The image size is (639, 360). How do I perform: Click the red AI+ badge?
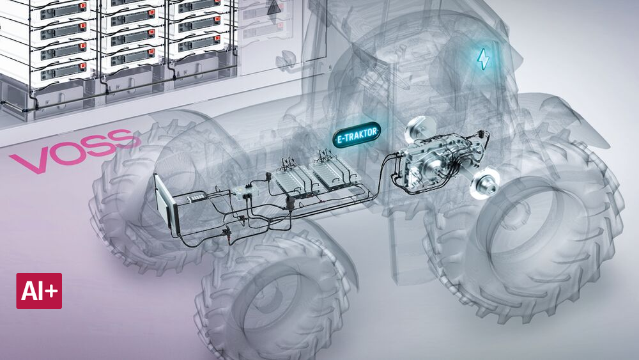[x=39, y=291]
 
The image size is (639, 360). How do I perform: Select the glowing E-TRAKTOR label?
[x=357, y=134]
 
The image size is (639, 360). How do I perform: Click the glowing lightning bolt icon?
[x=483, y=59]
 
